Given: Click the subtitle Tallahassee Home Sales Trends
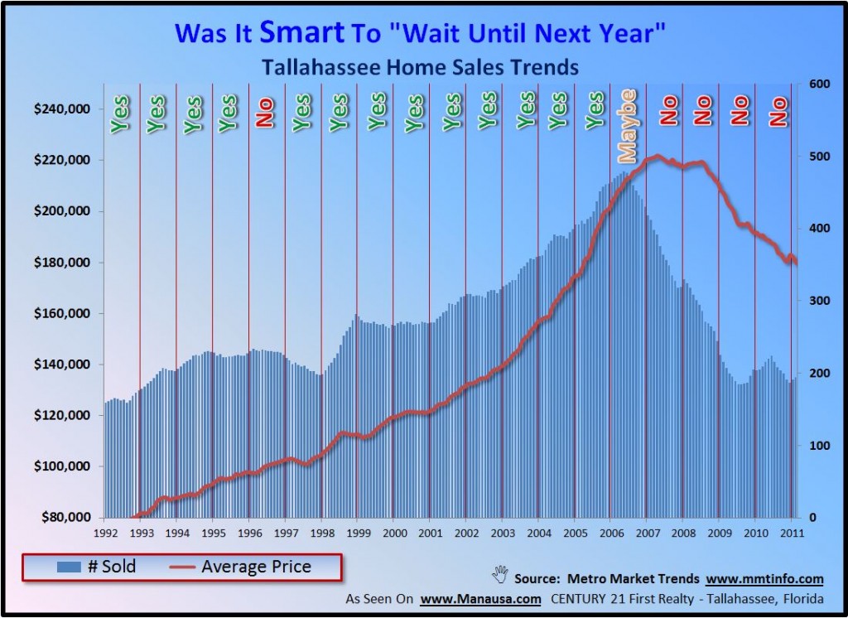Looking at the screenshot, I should pos(419,67).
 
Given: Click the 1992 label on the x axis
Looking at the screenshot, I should pos(105,534).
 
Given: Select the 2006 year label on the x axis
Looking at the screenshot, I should pos(609,534).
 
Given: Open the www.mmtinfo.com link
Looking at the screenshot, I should pos(765,578).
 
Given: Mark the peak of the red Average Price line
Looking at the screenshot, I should pos(657,156).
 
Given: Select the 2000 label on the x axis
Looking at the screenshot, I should pos(393,534).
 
